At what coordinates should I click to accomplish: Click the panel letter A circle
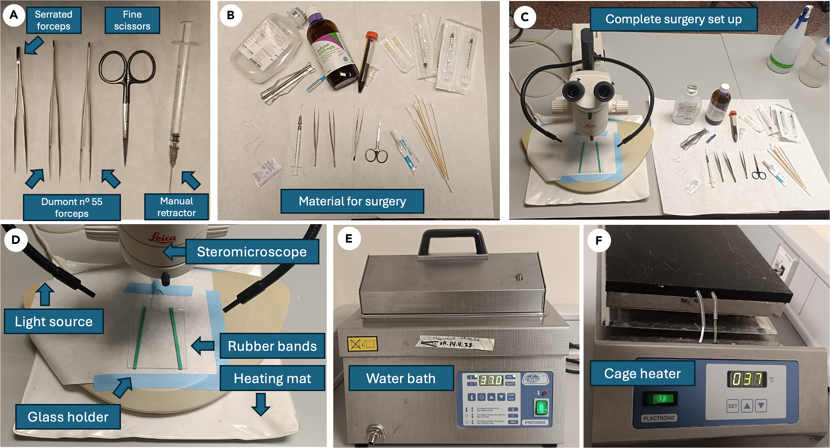pos(14,15)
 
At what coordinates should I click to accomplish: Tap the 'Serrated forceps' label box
pos(53,20)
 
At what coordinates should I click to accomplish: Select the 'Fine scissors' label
pos(132,20)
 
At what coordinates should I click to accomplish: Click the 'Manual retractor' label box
pos(176,207)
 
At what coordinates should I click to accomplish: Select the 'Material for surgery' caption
pos(352,201)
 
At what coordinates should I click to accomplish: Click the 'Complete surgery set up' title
pos(673,19)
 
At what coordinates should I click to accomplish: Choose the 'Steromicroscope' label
pos(252,252)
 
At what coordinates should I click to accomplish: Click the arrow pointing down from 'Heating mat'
pos(261,404)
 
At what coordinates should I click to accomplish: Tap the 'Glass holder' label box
pos(68,417)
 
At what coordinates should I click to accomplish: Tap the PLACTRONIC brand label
pos(659,418)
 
